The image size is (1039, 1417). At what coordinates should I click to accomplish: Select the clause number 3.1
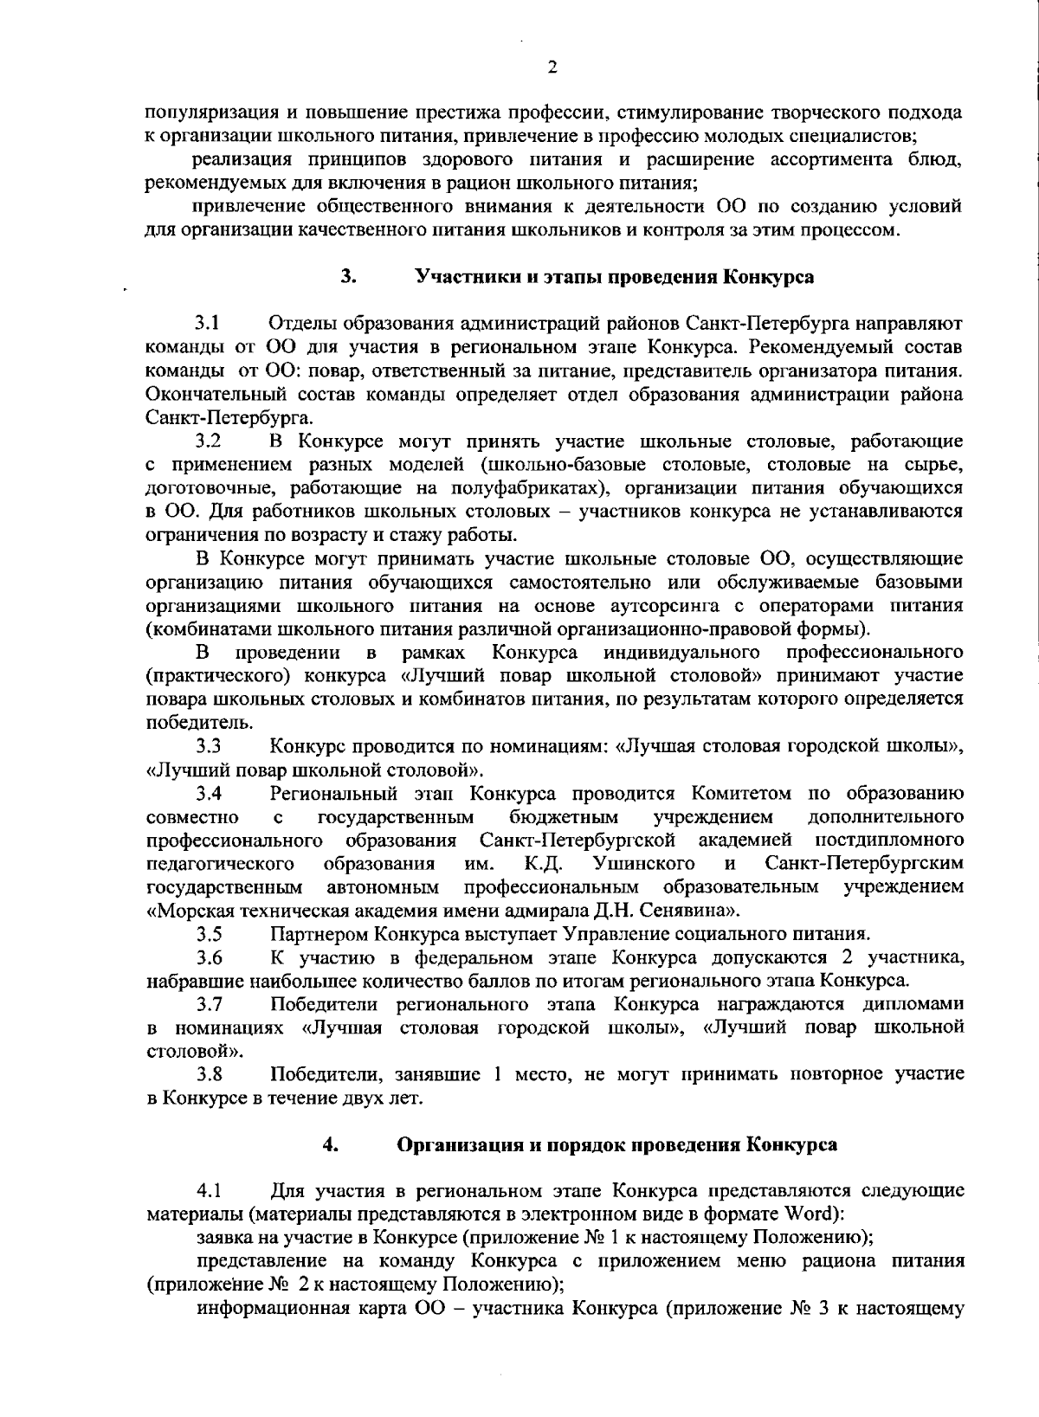point(208,325)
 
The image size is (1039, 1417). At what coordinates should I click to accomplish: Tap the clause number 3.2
point(208,442)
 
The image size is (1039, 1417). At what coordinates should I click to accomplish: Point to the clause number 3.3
point(208,745)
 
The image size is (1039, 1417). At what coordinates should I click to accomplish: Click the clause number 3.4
point(208,793)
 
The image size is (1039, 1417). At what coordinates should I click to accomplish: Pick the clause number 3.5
point(208,934)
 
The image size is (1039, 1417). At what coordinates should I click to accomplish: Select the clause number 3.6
point(208,957)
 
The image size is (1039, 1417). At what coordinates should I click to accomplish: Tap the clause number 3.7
point(208,1004)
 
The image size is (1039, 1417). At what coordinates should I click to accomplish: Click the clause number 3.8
point(208,1075)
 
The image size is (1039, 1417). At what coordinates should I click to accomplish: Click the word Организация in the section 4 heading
point(455,1144)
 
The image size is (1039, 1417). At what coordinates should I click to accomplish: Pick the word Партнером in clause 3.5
point(319,934)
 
